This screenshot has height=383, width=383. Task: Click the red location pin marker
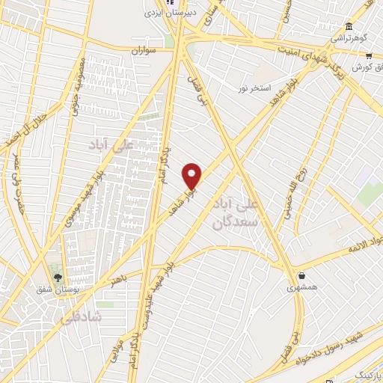coord(192,177)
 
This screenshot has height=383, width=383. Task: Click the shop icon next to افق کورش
coord(368,56)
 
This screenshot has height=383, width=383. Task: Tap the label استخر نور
coord(254,88)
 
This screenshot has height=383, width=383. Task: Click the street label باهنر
coord(116,281)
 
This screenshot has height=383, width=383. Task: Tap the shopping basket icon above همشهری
coord(301,275)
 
